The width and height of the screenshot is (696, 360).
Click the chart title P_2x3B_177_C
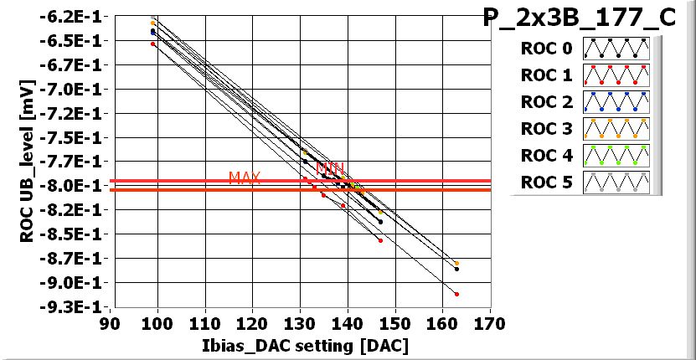tap(579, 18)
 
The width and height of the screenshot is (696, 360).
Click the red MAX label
tap(245, 177)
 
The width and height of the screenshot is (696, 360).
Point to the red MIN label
tap(330, 167)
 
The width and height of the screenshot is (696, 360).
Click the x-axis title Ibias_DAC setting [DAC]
tap(298, 345)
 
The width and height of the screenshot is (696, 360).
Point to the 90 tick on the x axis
tap(110, 323)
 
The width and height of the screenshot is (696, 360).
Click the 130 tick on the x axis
tap(300, 323)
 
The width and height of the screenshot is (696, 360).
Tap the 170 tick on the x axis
tap(490, 323)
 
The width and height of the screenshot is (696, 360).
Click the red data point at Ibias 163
tap(456, 294)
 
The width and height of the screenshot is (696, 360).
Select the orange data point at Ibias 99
tap(152, 23)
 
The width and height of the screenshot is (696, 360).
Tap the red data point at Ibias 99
tap(152, 44)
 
